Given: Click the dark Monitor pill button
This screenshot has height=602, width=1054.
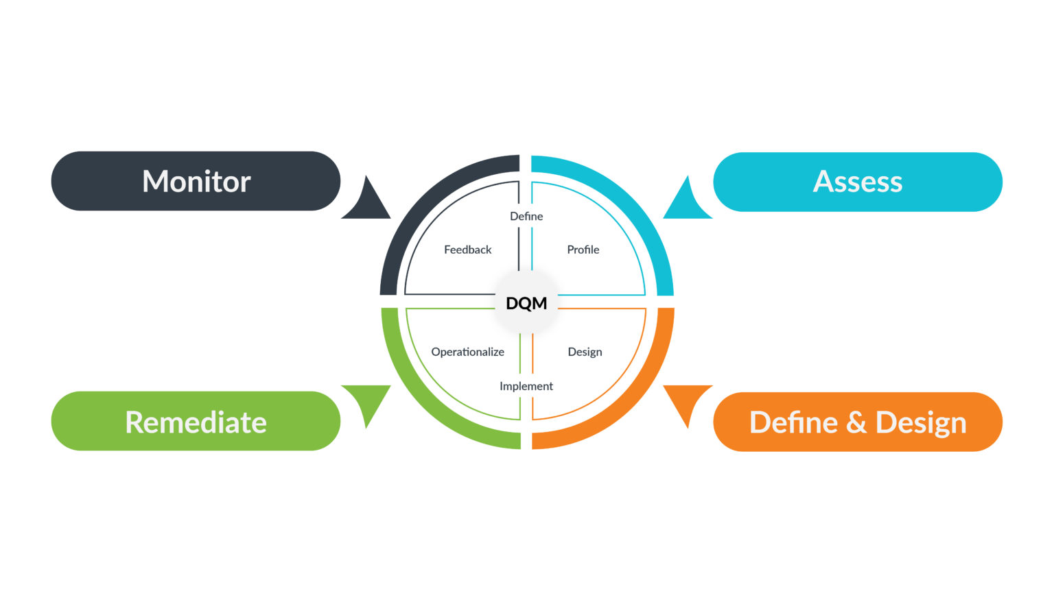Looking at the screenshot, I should [196, 181].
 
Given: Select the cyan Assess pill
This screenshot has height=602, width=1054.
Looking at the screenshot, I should [857, 182].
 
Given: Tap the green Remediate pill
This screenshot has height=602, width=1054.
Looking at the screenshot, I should [196, 422].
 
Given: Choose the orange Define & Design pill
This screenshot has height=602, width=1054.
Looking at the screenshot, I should [857, 422].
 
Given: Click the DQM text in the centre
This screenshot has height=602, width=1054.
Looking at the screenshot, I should [526, 303].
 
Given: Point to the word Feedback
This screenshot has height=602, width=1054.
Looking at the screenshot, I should [467, 250].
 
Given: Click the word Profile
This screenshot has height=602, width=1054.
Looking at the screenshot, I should [583, 250].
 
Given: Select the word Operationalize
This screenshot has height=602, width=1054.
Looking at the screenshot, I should [467, 352].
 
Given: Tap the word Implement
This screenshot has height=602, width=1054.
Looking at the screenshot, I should [526, 386].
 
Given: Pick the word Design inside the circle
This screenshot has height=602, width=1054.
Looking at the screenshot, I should [585, 352].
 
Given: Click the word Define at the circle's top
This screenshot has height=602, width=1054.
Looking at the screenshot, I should [526, 216].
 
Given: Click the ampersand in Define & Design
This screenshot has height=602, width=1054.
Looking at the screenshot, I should [856, 423].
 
